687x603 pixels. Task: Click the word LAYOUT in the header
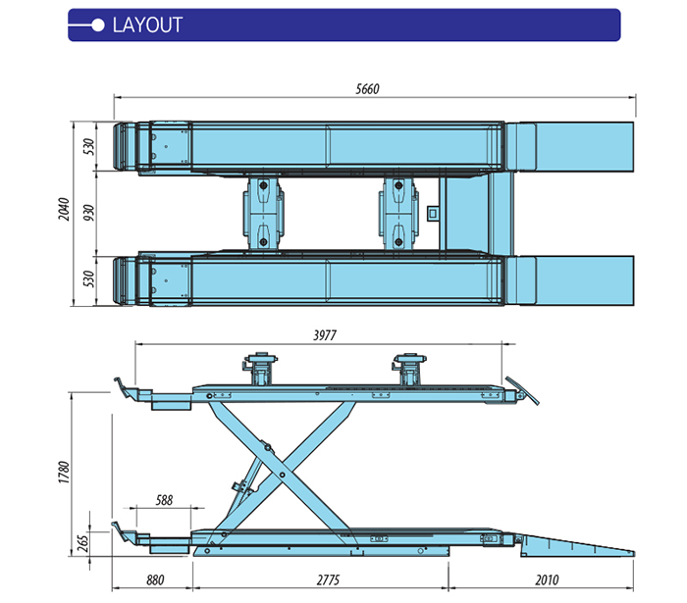point(147,25)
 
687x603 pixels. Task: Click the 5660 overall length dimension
point(366,89)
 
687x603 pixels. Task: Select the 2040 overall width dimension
point(64,211)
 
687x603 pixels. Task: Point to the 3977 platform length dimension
point(325,335)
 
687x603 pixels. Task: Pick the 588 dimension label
point(164,500)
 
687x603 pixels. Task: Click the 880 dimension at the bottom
point(154,579)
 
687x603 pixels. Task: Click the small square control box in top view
point(434,211)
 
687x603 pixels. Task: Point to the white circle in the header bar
point(96,25)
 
